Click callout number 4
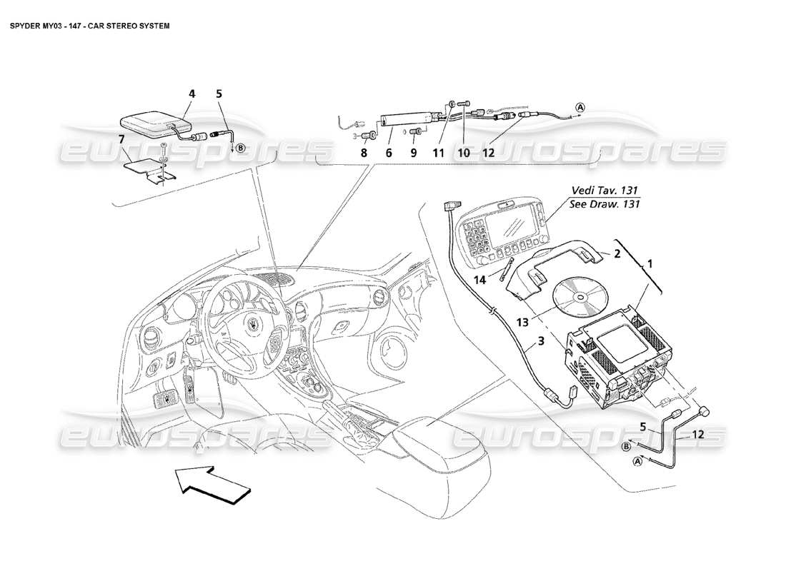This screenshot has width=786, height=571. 191,94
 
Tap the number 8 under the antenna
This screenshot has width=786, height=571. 363,152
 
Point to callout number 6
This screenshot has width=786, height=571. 389,152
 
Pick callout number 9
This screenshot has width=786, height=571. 414,152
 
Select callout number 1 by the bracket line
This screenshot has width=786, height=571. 650,263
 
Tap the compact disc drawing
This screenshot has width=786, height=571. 579,294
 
